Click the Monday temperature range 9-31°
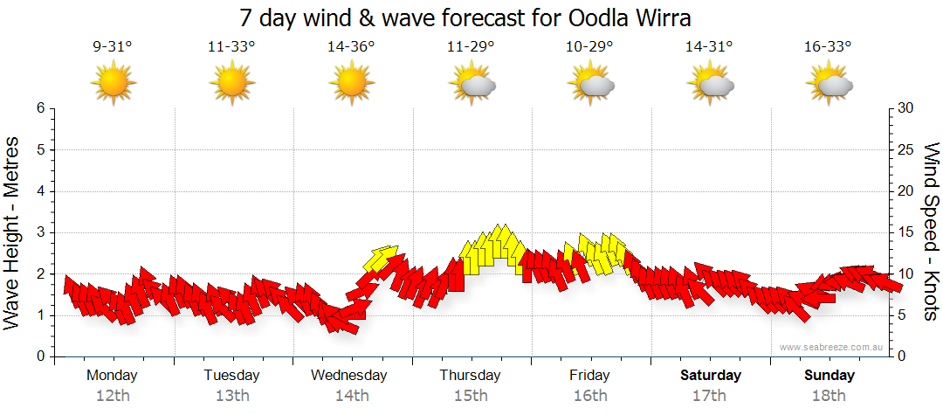coord(112,47)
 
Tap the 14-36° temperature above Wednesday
coord(351,47)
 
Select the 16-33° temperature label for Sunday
coord(829,47)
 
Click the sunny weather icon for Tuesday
coord(232,84)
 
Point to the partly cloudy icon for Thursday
coord(471,85)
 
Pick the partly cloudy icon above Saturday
coord(710,85)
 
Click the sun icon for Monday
coord(114,84)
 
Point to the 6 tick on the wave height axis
coord(40,108)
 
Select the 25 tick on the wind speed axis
coord(905,149)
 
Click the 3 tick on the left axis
coord(40,232)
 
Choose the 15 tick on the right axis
coord(905,232)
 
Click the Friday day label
coord(590,375)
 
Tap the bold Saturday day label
coord(710,375)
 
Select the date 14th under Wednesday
coord(351,395)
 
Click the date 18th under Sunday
coord(829,395)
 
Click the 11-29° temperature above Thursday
coord(471,47)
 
